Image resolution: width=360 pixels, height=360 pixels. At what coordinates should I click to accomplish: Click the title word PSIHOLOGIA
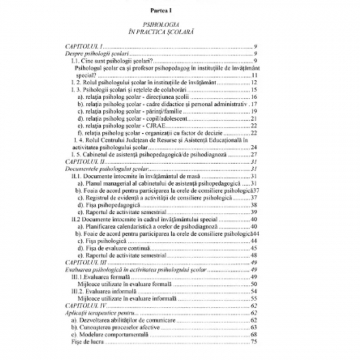pos(179,24)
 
